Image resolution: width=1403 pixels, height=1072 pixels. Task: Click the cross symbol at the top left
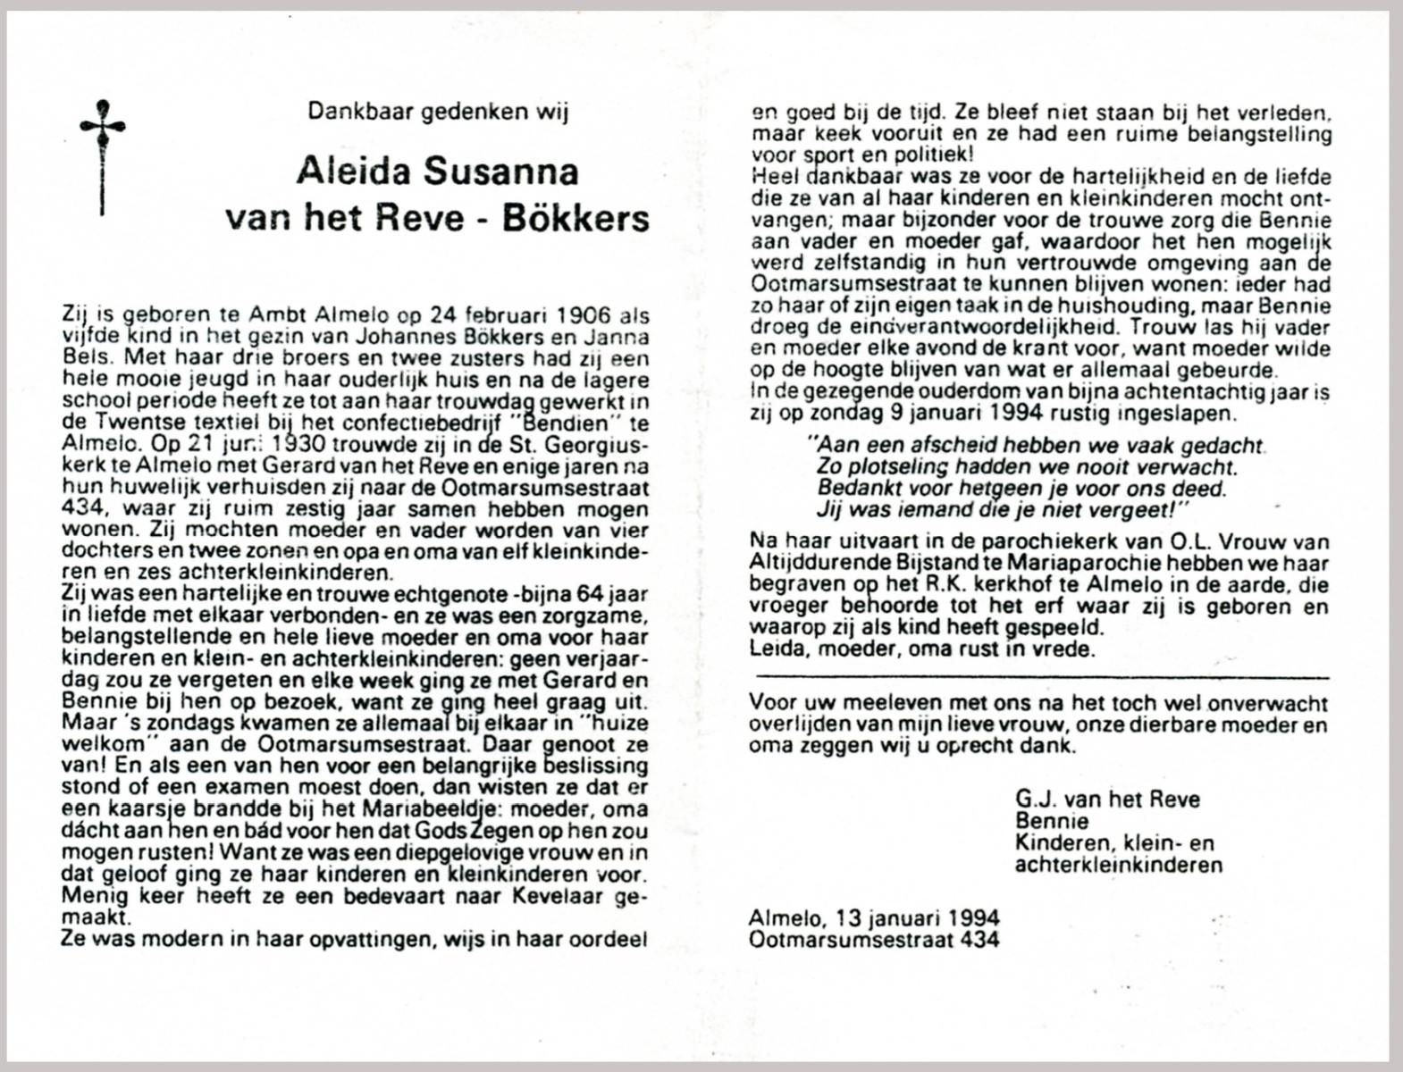pos(102,155)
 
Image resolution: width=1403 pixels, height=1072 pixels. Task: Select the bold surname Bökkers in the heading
pos(575,217)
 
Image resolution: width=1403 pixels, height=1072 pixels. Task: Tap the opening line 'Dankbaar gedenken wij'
pos(438,112)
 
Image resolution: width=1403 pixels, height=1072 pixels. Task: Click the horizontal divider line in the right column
pos(1040,680)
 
